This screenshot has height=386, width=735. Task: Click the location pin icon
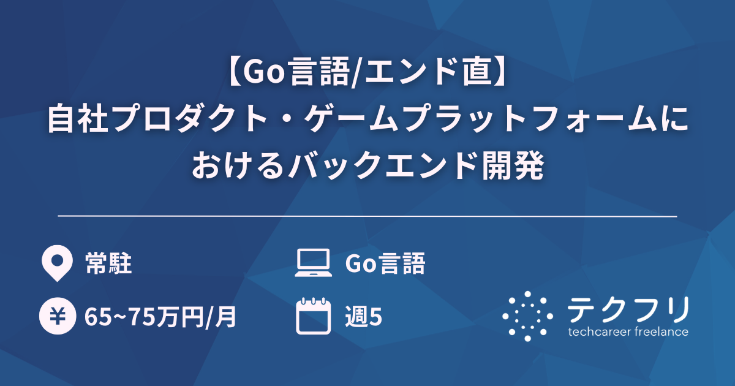[x=55, y=263]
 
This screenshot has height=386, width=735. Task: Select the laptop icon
[x=313, y=263]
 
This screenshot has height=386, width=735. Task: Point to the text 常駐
[x=108, y=264]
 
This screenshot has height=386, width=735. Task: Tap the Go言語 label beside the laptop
[x=385, y=264]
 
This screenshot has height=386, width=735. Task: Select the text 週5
[x=364, y=317]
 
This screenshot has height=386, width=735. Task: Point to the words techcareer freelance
[x=628, y=332]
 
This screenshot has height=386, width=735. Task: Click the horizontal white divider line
[x=367, y=216]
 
